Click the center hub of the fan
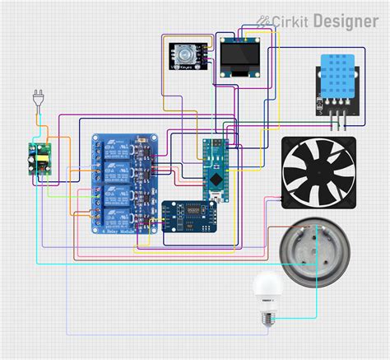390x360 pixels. tap(318, 173)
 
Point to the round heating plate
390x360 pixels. tap(309, 256)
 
